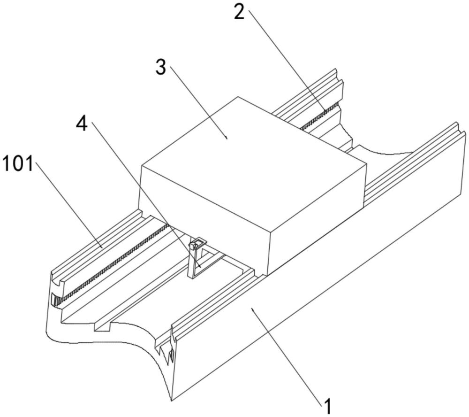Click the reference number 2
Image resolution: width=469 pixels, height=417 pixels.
pyautogui.click(x=239, y=12)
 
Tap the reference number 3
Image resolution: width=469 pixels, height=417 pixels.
pyautogui.click(x=161, y=68)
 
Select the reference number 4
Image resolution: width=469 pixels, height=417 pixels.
pyautogui.click(x=82, y=124)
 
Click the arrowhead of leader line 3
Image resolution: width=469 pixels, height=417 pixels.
pyautogui.click(x=227, y=138)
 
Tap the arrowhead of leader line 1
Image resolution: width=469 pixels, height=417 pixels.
pyautogui.click(x=252, y=309)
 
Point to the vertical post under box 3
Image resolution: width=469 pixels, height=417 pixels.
pyautogui.click(x=191, y=261)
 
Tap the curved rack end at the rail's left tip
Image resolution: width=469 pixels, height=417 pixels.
pyautogui.click(x=56, y=300)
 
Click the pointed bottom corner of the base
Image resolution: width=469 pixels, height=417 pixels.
pyautogui.click(x=171, y=401)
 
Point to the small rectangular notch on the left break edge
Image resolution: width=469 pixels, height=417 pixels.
pyautogui.click(x=103, y=326)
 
